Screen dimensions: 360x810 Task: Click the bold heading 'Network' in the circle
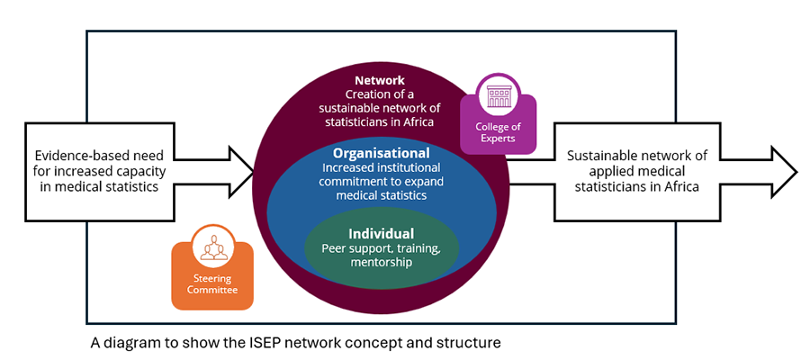379,80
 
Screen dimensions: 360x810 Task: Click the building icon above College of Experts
498,96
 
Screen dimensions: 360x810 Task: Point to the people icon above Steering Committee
213,247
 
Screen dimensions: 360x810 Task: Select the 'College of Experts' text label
498,133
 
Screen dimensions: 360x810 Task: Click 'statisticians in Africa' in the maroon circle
379,122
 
